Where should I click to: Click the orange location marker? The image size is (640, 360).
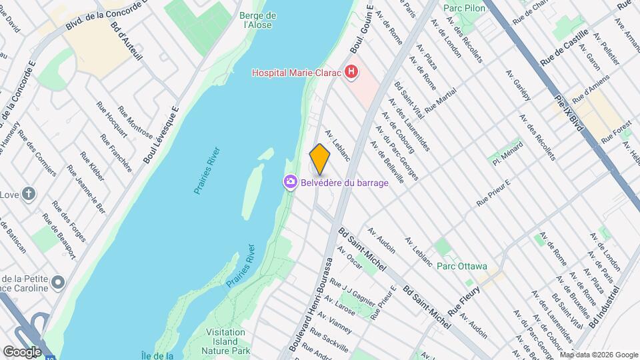320,159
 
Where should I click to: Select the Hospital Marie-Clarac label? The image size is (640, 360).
296,72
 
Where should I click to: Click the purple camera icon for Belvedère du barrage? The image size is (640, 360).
290,181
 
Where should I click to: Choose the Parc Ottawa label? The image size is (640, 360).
462,266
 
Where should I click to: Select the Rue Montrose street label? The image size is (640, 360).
135,121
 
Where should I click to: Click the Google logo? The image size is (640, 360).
21,351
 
